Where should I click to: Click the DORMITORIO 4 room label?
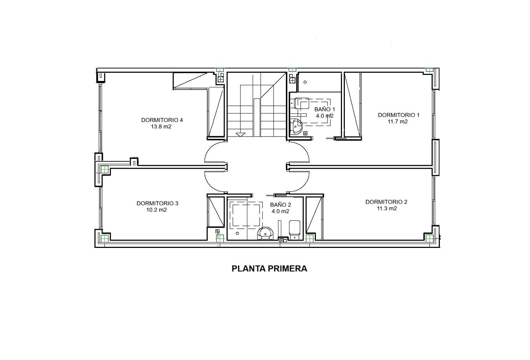tap(162, 120)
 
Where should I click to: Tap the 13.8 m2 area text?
tap(161, 127)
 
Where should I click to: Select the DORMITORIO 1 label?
tap(399, 115)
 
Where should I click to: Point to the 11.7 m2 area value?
tap(397, 122)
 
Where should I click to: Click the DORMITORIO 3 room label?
tap(157, 203)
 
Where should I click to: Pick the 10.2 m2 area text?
tap(157, 210)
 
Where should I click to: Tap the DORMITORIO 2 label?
tap(387, 202)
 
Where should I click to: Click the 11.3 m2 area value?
tap(387, 208)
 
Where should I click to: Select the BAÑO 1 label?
tap(325, 109)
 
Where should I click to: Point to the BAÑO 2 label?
tap(281, 205)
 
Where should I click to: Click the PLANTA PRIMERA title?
tap(269, 268)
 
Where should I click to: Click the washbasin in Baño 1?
tap(296, 127)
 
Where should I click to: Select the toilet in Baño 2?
tap(295, 230)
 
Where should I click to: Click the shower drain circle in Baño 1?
tap(305, 82)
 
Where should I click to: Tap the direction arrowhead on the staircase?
tap(240, 134)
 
